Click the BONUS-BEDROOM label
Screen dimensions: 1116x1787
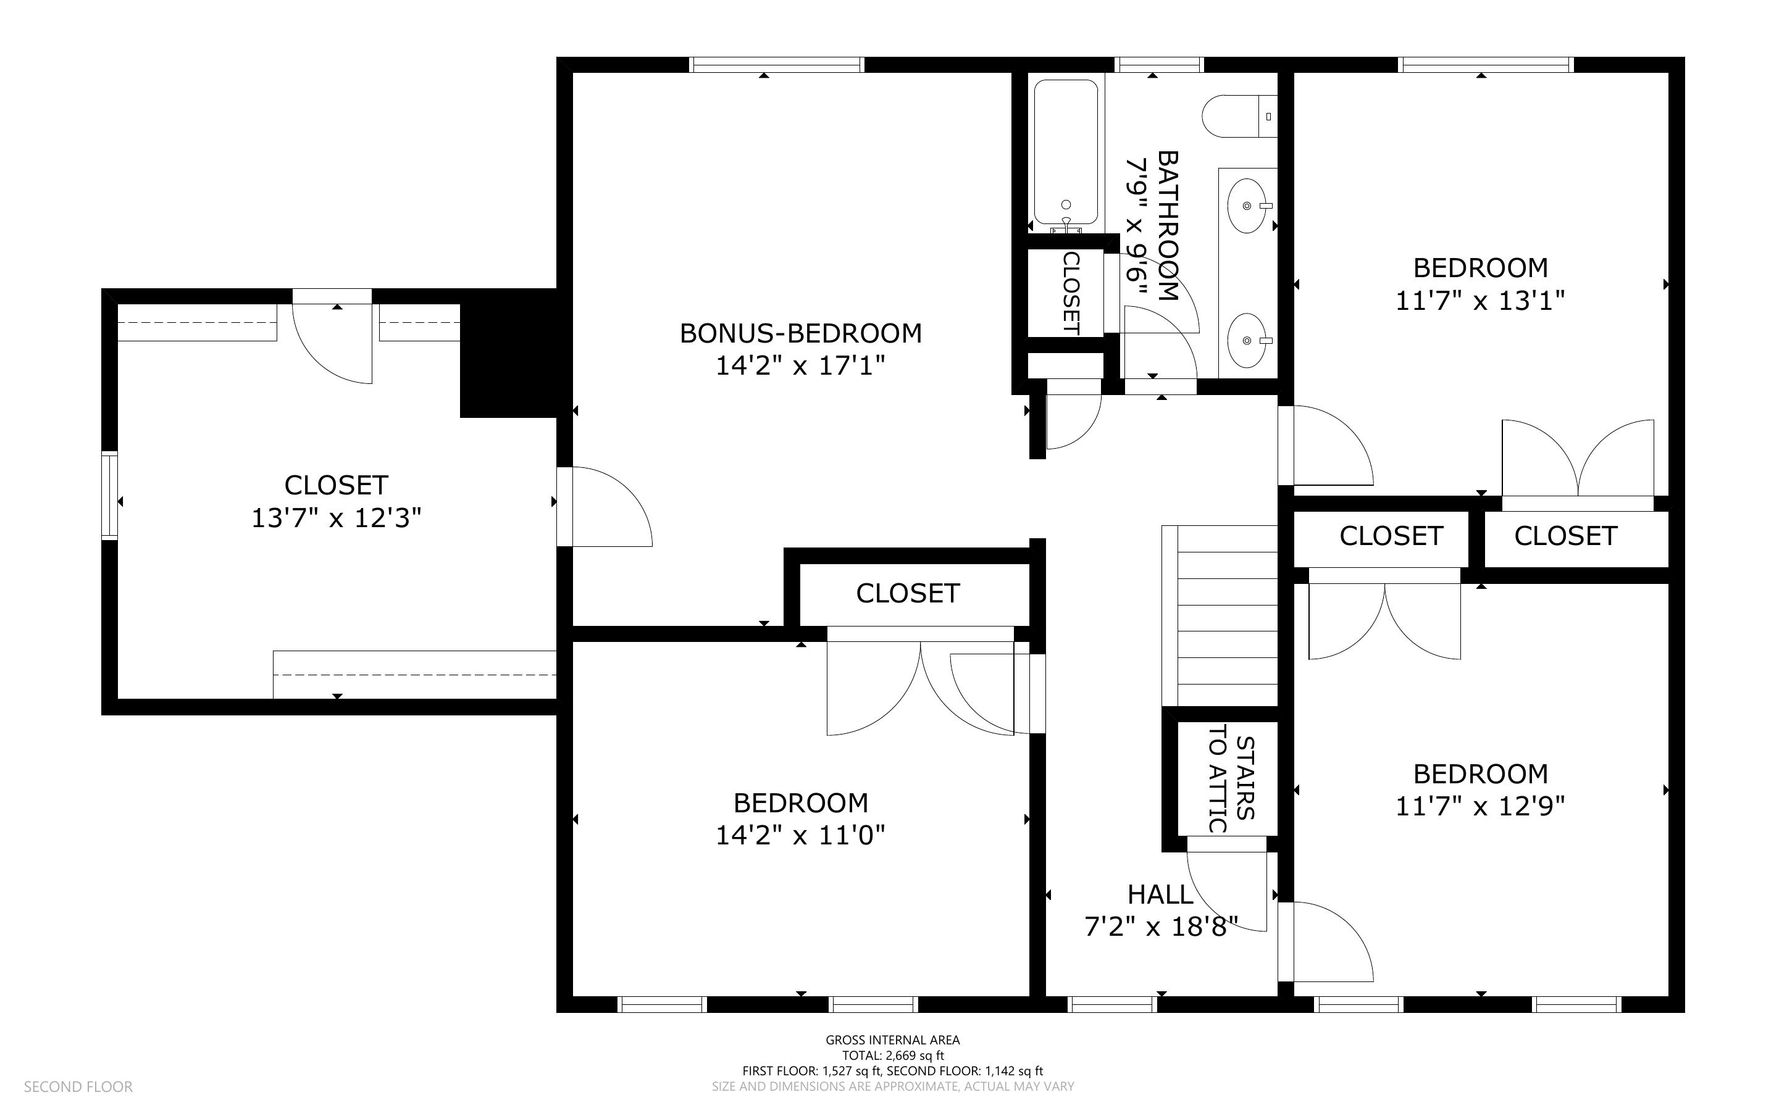coord(800,333)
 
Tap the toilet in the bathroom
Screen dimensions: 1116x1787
coord(1239,117)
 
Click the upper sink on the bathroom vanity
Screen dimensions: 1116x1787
coord(1247,205)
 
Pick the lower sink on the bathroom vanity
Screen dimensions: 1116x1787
coord(1247,340)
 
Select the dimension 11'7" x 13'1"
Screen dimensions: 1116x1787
coord(1479,301)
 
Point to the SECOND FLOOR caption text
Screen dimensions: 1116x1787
coord(78,1087)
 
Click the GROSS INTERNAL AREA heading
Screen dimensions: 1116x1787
coord(892,1040)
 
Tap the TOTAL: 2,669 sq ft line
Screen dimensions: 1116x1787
coord(892,1056)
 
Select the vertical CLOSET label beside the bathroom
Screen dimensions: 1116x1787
coord(1070,293)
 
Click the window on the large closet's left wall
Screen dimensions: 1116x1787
coord(109,495)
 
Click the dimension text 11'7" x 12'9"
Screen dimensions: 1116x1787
coord(1479,807)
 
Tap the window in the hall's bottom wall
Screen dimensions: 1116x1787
coord(1112,1004)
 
